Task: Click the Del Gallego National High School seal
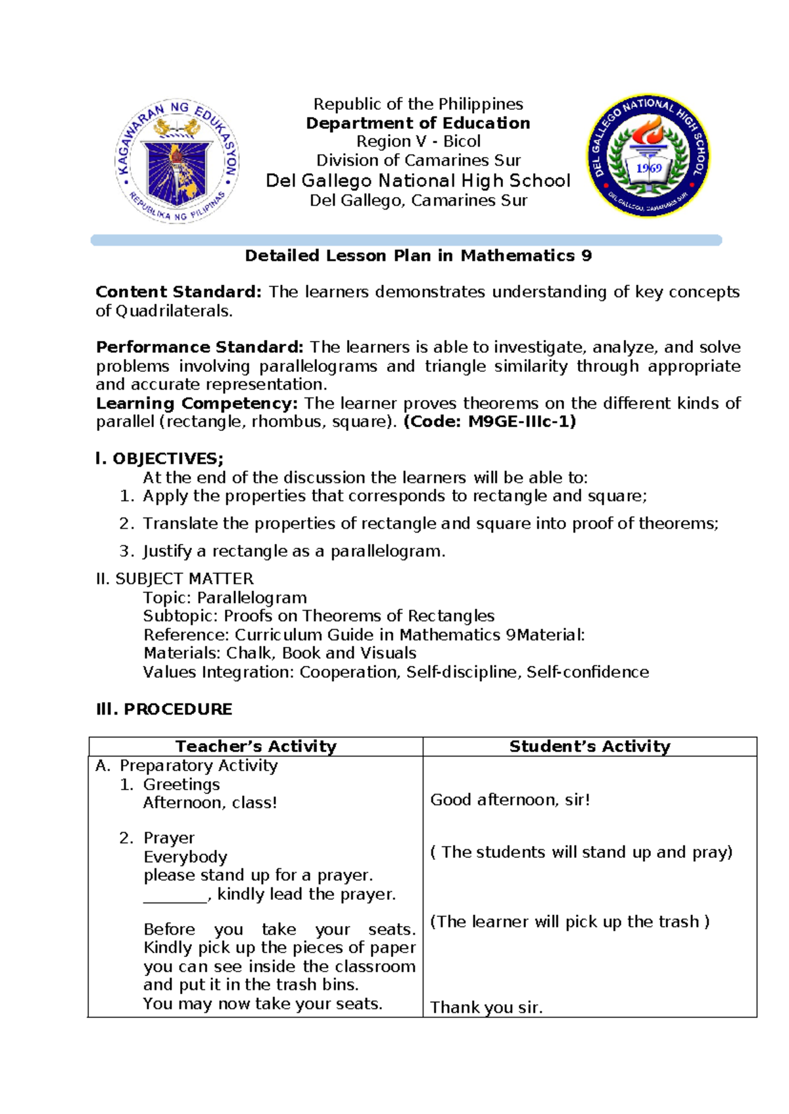(x=648, y=156)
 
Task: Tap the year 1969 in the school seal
(x=648, y=168)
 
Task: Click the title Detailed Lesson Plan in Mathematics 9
(x=418, y=256)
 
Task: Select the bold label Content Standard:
(x=178, y=292)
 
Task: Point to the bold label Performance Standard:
(x=199, y=347)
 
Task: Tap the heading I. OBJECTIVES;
(x=160, y=458)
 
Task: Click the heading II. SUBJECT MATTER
(x=175, y=579)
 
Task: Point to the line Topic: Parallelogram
(x=225, y=598)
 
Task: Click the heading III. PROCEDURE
(x=164, y=709)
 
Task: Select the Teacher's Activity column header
(x=256, y=747)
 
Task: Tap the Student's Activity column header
(x=590, y=747)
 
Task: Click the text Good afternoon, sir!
(x=510, y=800)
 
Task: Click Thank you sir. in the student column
(x=486, y=1008)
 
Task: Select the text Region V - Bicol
(x=418, y=142)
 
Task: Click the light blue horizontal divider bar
(x=406, y=240)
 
